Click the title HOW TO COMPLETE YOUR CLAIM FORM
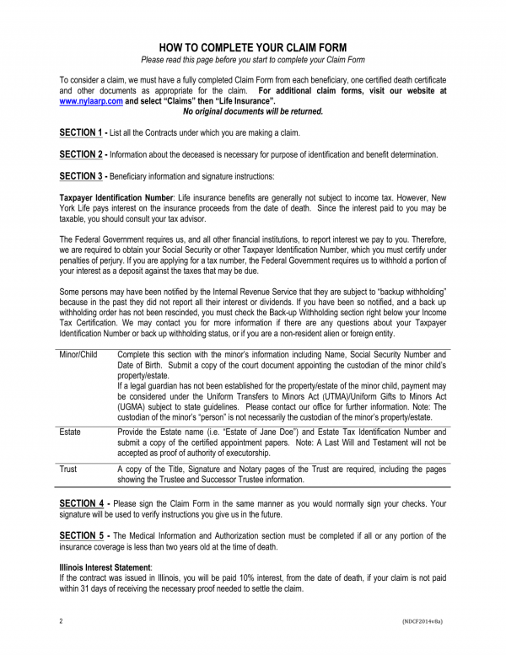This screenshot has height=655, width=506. [252, 46]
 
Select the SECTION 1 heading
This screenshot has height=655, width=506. [82, 133]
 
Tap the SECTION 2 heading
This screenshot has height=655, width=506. [82, 154]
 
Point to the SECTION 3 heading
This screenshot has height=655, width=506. [82, 176]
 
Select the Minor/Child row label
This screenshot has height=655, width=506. [78, 356]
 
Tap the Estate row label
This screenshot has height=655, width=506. [70, 432]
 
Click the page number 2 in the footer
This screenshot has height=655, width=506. [62, 621]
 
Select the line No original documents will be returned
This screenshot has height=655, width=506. [253, 110]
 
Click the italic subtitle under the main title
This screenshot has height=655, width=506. [252, 60]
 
